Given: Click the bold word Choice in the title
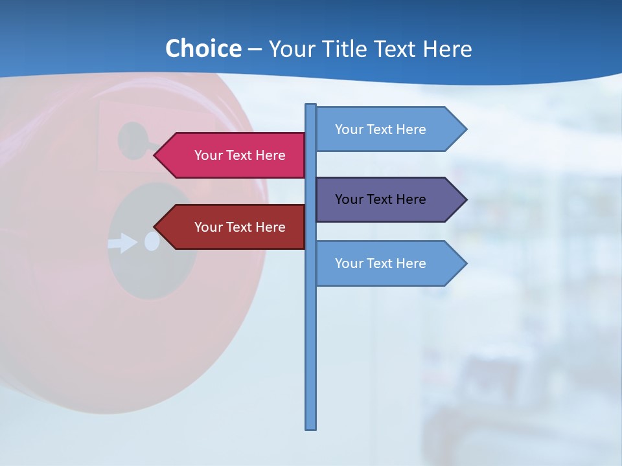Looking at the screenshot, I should tap(203, 49).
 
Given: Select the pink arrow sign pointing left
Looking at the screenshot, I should tap(233, 155).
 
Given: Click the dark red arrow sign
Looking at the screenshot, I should tap(233, 227).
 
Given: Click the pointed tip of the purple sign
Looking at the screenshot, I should tap(465, 199).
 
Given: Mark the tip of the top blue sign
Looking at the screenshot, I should tap(465, 129).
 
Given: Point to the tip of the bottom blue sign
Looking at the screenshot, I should tap(465, 263).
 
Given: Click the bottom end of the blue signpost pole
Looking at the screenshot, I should tap(311, 427).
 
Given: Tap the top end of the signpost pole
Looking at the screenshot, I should tap(311, 105).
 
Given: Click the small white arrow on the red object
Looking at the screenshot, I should tap(123, 243).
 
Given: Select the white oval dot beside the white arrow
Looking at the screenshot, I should tap(152, 241).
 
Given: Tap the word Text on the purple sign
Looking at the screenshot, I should tap(381, 199).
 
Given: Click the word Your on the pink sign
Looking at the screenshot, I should tap(208, 155).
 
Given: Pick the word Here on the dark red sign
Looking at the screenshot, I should tap(270, 227).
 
